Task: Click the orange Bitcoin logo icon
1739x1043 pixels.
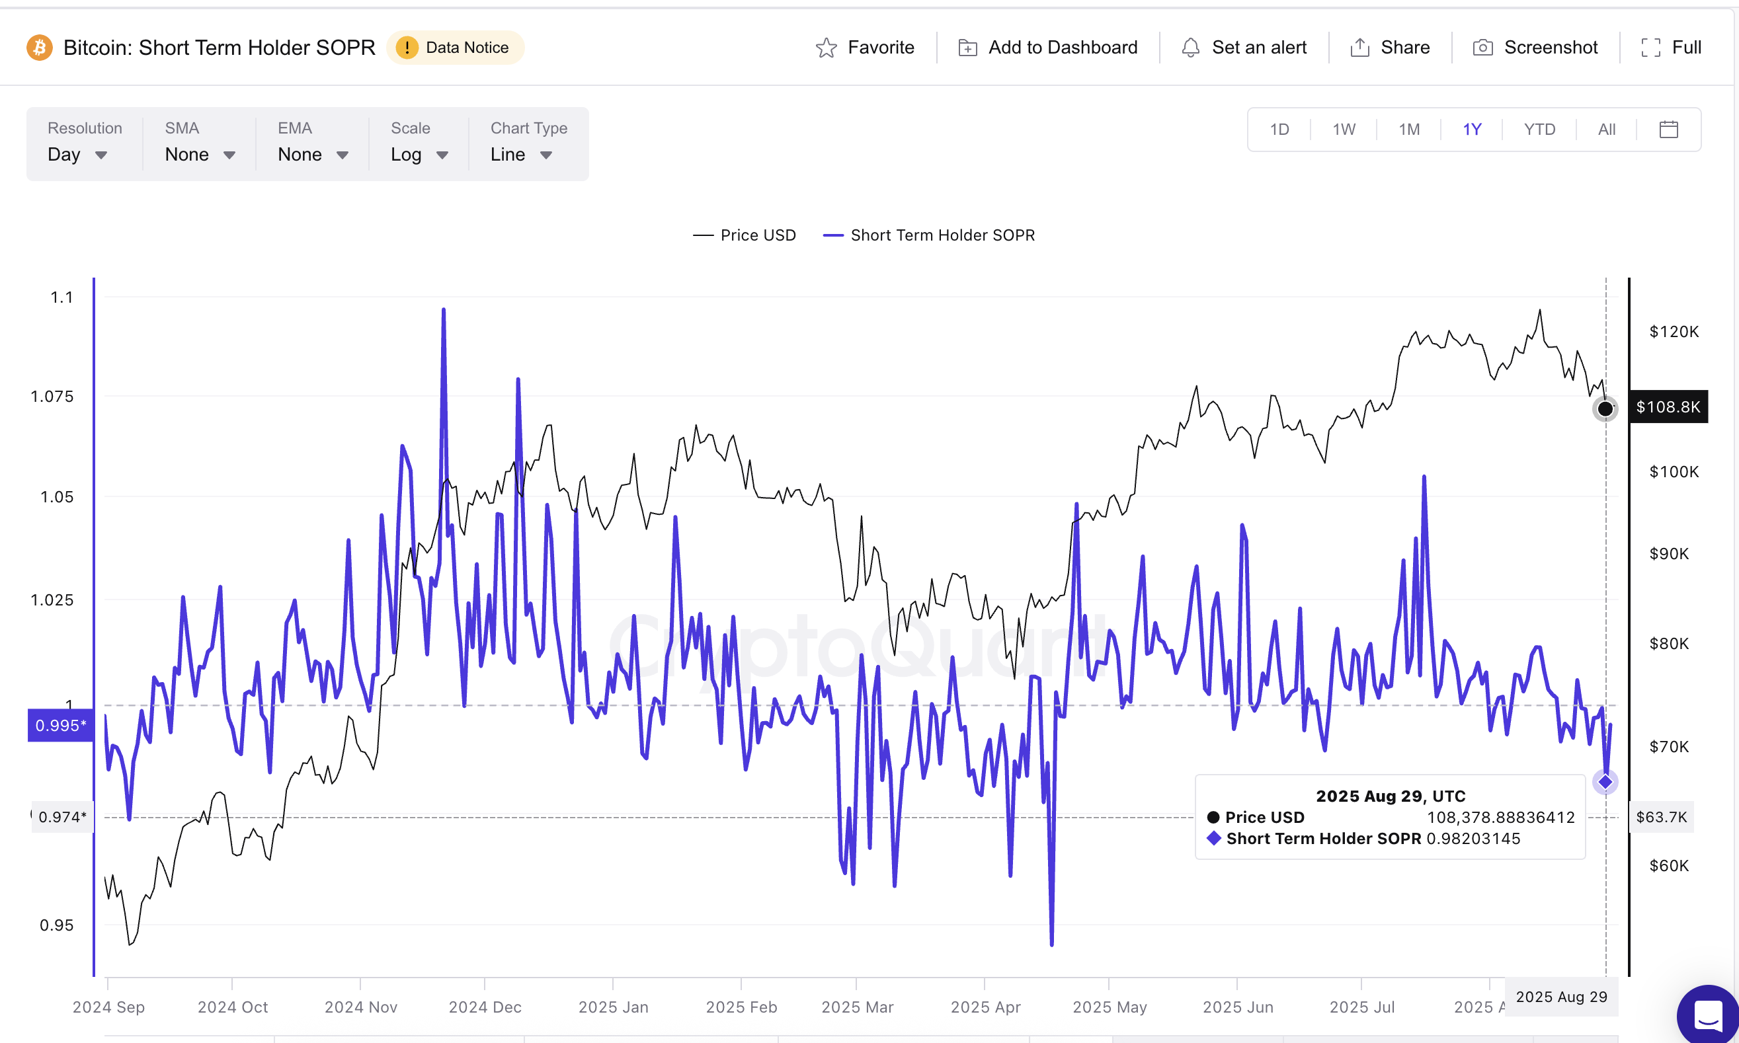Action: coord(40,48)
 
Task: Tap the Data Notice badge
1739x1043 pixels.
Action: coord(455,48)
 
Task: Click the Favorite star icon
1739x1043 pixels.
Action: coord(826,48)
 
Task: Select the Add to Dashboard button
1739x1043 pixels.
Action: coord(1047,48)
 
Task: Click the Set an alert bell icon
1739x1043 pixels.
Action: coord(1190,48)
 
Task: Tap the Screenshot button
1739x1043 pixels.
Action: coord(1535,48)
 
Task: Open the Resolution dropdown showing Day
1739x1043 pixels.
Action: coord(77,155)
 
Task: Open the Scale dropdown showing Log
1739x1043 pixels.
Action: coord(419,155)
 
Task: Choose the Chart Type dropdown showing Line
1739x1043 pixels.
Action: coord(521,155)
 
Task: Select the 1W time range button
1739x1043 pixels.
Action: coord(1343,130)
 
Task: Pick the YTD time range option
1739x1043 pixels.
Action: coord(1539,130)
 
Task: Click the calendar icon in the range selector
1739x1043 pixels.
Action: coord(1668,130)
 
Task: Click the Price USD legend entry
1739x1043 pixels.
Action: coord(745,235)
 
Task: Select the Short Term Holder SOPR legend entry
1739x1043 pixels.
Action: coord(929,235)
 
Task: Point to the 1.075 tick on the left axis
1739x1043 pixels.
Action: coord(52,397)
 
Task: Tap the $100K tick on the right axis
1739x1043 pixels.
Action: coord(1674,472)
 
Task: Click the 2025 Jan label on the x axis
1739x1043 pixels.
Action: coord(613,1007)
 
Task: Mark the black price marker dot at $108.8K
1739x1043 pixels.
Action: coord(1605,408)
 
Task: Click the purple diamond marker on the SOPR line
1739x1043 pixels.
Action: coord(1605,781)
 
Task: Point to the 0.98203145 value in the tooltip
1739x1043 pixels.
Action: coord(1473,839)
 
